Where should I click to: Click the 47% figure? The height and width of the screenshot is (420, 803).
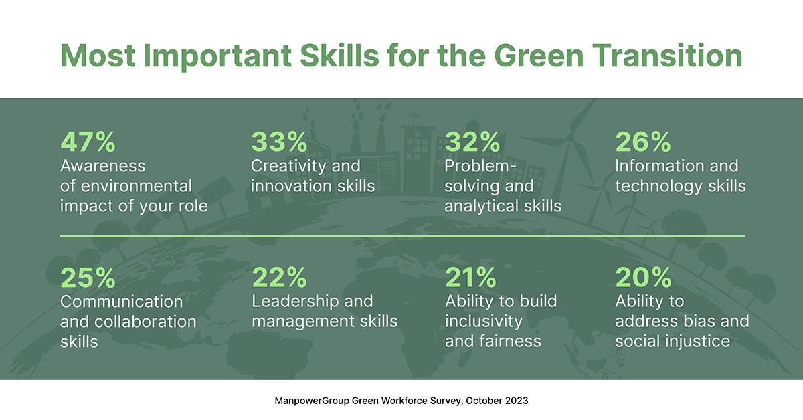coord(88,142)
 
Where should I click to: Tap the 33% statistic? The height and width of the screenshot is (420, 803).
coord(279,142)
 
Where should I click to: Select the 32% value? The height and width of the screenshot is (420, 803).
coord(472,142)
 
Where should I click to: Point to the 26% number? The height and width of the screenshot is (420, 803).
coord(643,142)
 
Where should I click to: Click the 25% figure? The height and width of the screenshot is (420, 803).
coord(88,278)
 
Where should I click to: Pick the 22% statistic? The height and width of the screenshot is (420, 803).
coord(279,277)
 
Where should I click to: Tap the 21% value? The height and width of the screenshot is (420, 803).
coord(470,277)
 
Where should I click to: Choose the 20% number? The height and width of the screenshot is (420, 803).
coord(644,277)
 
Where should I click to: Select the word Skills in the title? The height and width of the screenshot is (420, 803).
coord(339,56)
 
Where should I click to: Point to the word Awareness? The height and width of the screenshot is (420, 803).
coord(103,166)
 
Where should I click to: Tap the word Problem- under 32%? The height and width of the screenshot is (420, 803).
coord(480,166)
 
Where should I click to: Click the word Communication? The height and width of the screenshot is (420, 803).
coord(122,302)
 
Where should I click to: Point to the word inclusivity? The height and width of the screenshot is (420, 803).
coord(484,322)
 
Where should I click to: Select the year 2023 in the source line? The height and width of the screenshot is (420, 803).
coord(517,401)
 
